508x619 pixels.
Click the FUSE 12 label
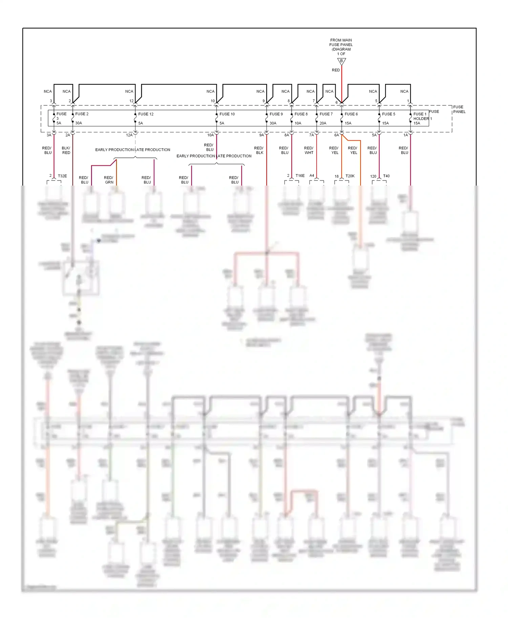click(x=146, y=114)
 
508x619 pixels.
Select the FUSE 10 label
click(x=227, y=114)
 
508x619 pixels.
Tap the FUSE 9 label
click(x=276, y=114)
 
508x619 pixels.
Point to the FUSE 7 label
click(x=326, y=114)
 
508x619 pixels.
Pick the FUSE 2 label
click(x=82, y=114)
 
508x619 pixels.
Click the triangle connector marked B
click(x=341, y=61)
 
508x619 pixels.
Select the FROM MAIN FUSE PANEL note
click(x=341, y=47)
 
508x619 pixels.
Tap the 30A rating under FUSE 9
click(x=273, y=123)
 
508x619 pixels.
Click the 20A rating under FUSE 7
click(x=323, y=123)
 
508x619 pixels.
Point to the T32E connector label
click(x=62, y=176)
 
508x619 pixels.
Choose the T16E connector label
click(x=300, y=176)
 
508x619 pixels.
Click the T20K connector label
click(x=350, y=176)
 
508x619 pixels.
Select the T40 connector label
click(x=386, y=176)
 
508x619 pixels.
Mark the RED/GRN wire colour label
click(x=109, y=180)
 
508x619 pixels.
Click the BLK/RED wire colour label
click(x=66, y=150)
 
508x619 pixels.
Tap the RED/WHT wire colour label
click(x=309, y=150)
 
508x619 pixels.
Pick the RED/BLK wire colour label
click(x=259, y=150)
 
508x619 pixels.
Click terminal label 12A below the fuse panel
click(x=129, y=135)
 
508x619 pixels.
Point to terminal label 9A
click(x=261, y=135)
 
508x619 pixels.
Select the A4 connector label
click(x=312, y=176)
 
